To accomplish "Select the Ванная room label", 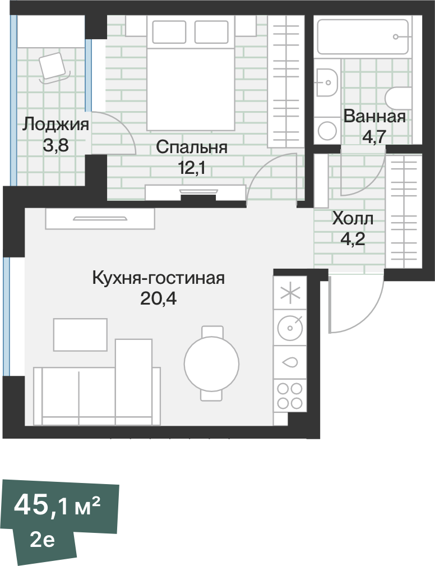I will pos(374,117).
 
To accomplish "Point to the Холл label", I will pos(352,218).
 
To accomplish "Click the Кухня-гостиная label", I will pos(159,278).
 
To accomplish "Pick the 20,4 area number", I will pos(159,298).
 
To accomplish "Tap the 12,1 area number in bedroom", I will pos(192,168).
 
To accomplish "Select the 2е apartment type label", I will pos(42,540).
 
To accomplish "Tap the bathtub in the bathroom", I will pos(363,37).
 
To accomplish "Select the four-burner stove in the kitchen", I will pos(290,395).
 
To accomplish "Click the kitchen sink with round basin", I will pos(290,325).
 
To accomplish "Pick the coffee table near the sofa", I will pos(80,334).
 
